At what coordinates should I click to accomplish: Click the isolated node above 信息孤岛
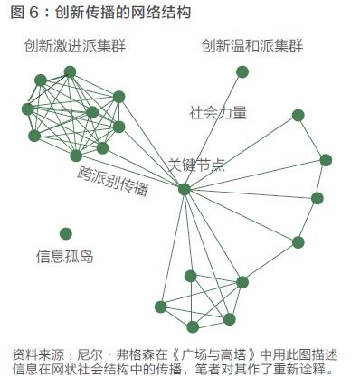65,233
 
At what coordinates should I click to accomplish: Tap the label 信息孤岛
64,256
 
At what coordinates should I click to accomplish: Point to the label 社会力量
217,113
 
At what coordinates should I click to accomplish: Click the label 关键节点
196,165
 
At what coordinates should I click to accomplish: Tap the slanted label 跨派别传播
112,182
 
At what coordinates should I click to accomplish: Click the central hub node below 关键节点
185,189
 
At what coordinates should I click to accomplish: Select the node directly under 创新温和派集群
242,71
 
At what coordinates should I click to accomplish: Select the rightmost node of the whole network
326,160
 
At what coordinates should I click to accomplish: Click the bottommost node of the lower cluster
193,326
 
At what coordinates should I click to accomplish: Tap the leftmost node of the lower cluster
160,307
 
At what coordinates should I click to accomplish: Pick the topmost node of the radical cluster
71,71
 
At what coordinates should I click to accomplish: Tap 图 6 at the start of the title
24,13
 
